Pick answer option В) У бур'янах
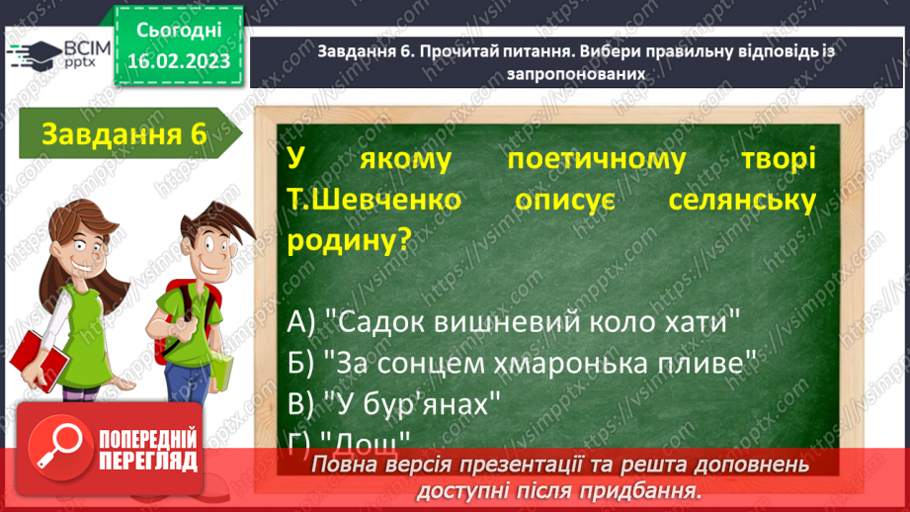point(396,403)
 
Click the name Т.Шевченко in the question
point(374,200)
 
